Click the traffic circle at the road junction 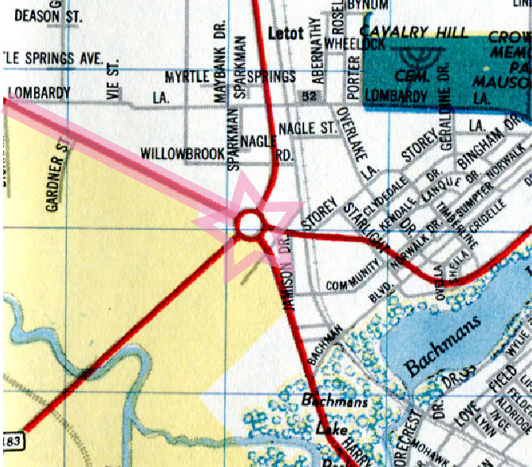click(x=249, y=224)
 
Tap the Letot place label click(x=286, y=35)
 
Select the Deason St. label click(x=32, y=15)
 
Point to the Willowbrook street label click(x=182, y=151)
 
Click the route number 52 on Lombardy click(x=306, y=96)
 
